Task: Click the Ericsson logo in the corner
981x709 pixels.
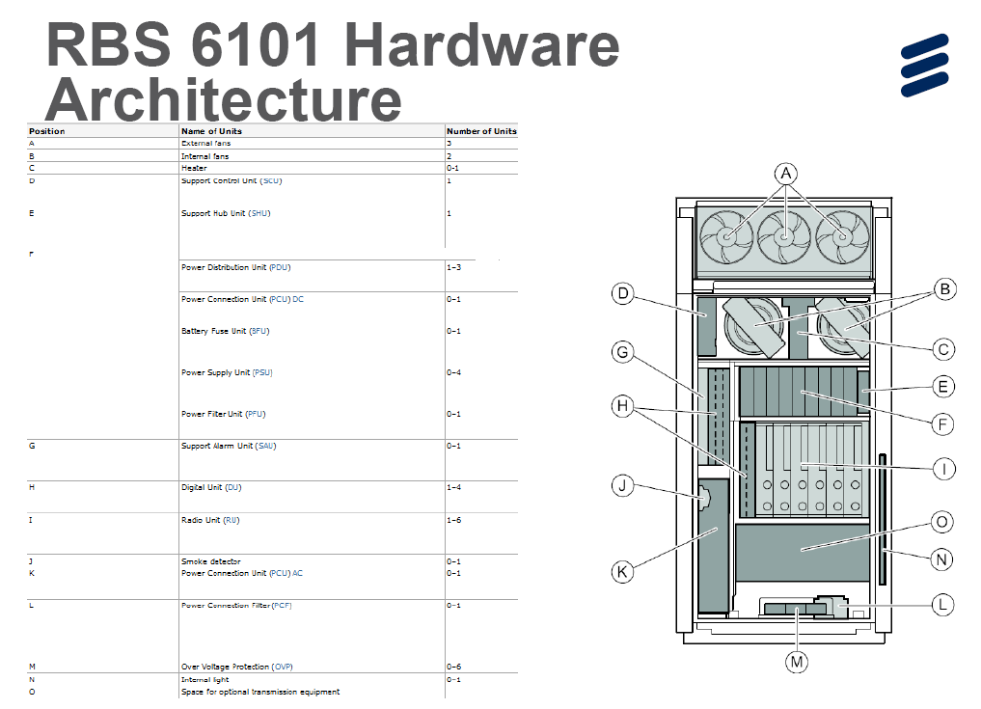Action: [924, 66]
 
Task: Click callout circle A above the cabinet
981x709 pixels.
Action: [786, 174]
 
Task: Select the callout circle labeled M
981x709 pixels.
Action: [797, 662]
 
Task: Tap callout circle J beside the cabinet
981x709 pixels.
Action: [623, 485]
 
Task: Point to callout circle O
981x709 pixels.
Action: [942, 522]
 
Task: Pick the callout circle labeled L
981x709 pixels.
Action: [942, 605]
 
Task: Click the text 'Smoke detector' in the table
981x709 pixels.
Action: [210, 561]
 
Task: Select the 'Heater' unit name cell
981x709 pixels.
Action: [194, 168]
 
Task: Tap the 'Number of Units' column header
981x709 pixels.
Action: [481, 131]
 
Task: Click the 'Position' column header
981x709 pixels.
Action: [47, 131]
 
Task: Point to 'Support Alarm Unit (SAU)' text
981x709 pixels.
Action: [228, 446]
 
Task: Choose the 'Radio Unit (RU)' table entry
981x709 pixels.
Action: [210, 520]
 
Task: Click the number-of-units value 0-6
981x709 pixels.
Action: [452, 667]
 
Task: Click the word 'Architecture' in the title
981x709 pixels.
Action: [223, 99]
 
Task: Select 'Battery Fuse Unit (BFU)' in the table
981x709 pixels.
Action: [225, 331]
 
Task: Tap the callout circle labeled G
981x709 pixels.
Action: [623, 353]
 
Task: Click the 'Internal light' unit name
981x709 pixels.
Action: [205, 679]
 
